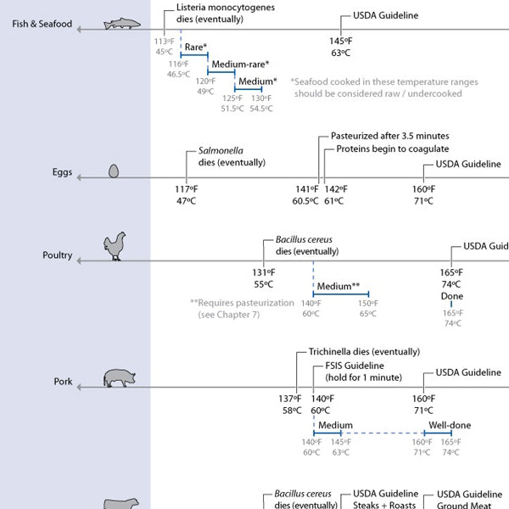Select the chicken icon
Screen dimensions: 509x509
pyautogui.click(x=114, y=247)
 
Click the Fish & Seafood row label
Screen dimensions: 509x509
pyautogui.click(x=42, y=23)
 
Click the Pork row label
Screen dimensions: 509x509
pyautogui.click(x=64, y=382)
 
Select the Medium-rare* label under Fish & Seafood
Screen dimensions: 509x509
pyautogui.click(x=240, y=64)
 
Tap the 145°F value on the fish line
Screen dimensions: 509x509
pyautogui.click(x=341, y=41)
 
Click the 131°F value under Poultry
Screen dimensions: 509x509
pyautogui.click(x=263, y=272)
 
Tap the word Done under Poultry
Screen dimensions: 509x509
pyautogui.click(x=451, y=296)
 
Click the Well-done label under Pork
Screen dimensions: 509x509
pyautogui.click(x=450, y=425)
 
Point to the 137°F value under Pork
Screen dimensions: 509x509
pyautogui.click(x=290, y=399)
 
